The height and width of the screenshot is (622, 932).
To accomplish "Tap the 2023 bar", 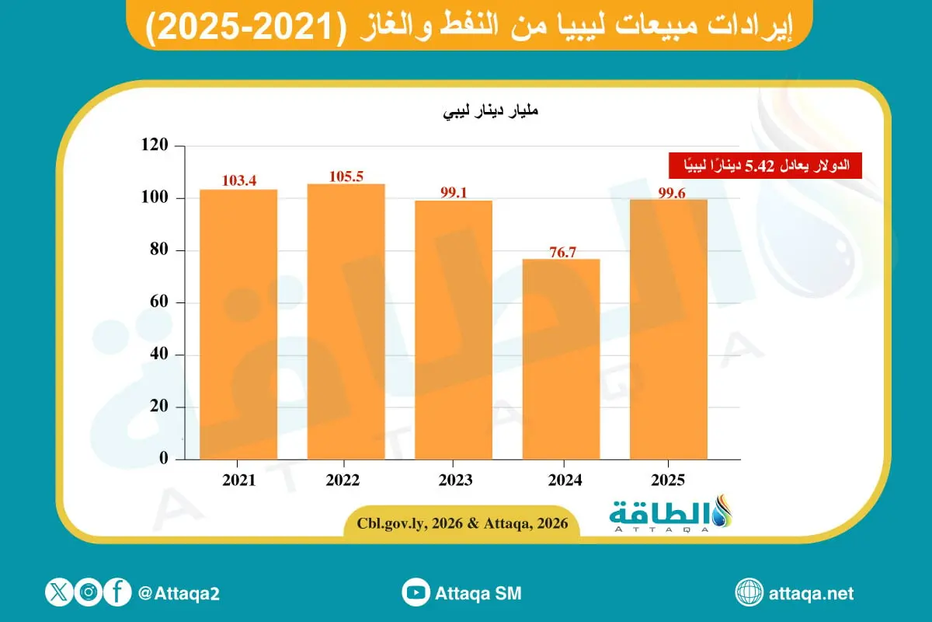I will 454,330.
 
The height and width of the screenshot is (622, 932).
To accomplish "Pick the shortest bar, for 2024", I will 561,358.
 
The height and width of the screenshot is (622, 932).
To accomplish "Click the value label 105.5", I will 346,176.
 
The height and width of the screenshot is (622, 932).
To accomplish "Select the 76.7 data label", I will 561,251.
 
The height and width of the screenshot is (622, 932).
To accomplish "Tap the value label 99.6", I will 668,192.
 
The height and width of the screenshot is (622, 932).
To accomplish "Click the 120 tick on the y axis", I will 155,146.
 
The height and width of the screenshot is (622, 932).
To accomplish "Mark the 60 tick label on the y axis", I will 159,302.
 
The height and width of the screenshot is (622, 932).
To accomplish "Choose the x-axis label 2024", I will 561,481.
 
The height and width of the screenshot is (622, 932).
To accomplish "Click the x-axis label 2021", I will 238,481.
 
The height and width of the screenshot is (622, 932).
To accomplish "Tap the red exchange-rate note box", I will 765,165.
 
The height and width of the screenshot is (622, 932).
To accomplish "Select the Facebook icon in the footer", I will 117,593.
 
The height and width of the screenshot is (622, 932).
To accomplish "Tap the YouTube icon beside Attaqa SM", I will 416,593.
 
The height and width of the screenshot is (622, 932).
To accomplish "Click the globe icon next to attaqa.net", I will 749,593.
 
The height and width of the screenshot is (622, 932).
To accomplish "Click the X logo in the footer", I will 59,593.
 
